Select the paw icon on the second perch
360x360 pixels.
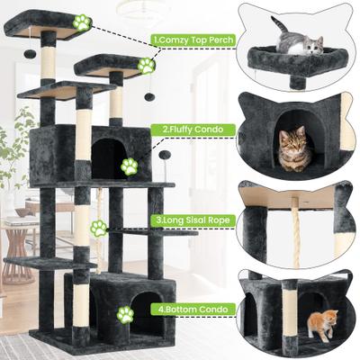[x=146, y=66]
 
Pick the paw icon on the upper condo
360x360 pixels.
[x=130, y=166]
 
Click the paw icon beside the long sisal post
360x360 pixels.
[x=99, y=229]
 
